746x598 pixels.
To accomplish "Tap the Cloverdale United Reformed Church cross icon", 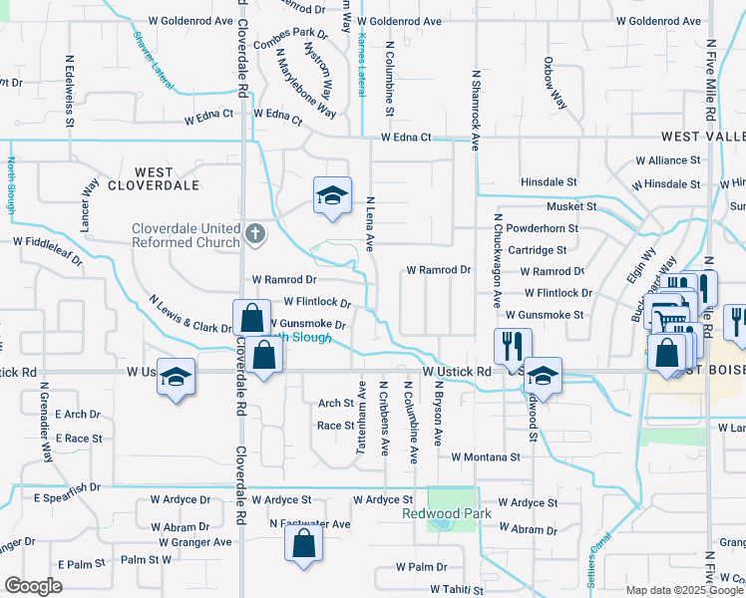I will pyautogui.click(x=255, y=234).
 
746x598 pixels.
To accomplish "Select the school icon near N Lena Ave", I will pyautogui.click(x=332, y=195).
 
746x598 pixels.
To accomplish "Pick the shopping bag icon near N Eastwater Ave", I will pyautogui.click(x=303, y=544).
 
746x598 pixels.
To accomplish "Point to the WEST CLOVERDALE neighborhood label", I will pyautogui.click(x=154, y=178).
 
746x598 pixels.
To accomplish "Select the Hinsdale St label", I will pyautogui.click(x=550, y=183).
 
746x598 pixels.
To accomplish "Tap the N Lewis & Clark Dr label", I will pyautogui.click(x=190, y=313).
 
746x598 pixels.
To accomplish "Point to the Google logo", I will pyautogui.click(x=33, y=586).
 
